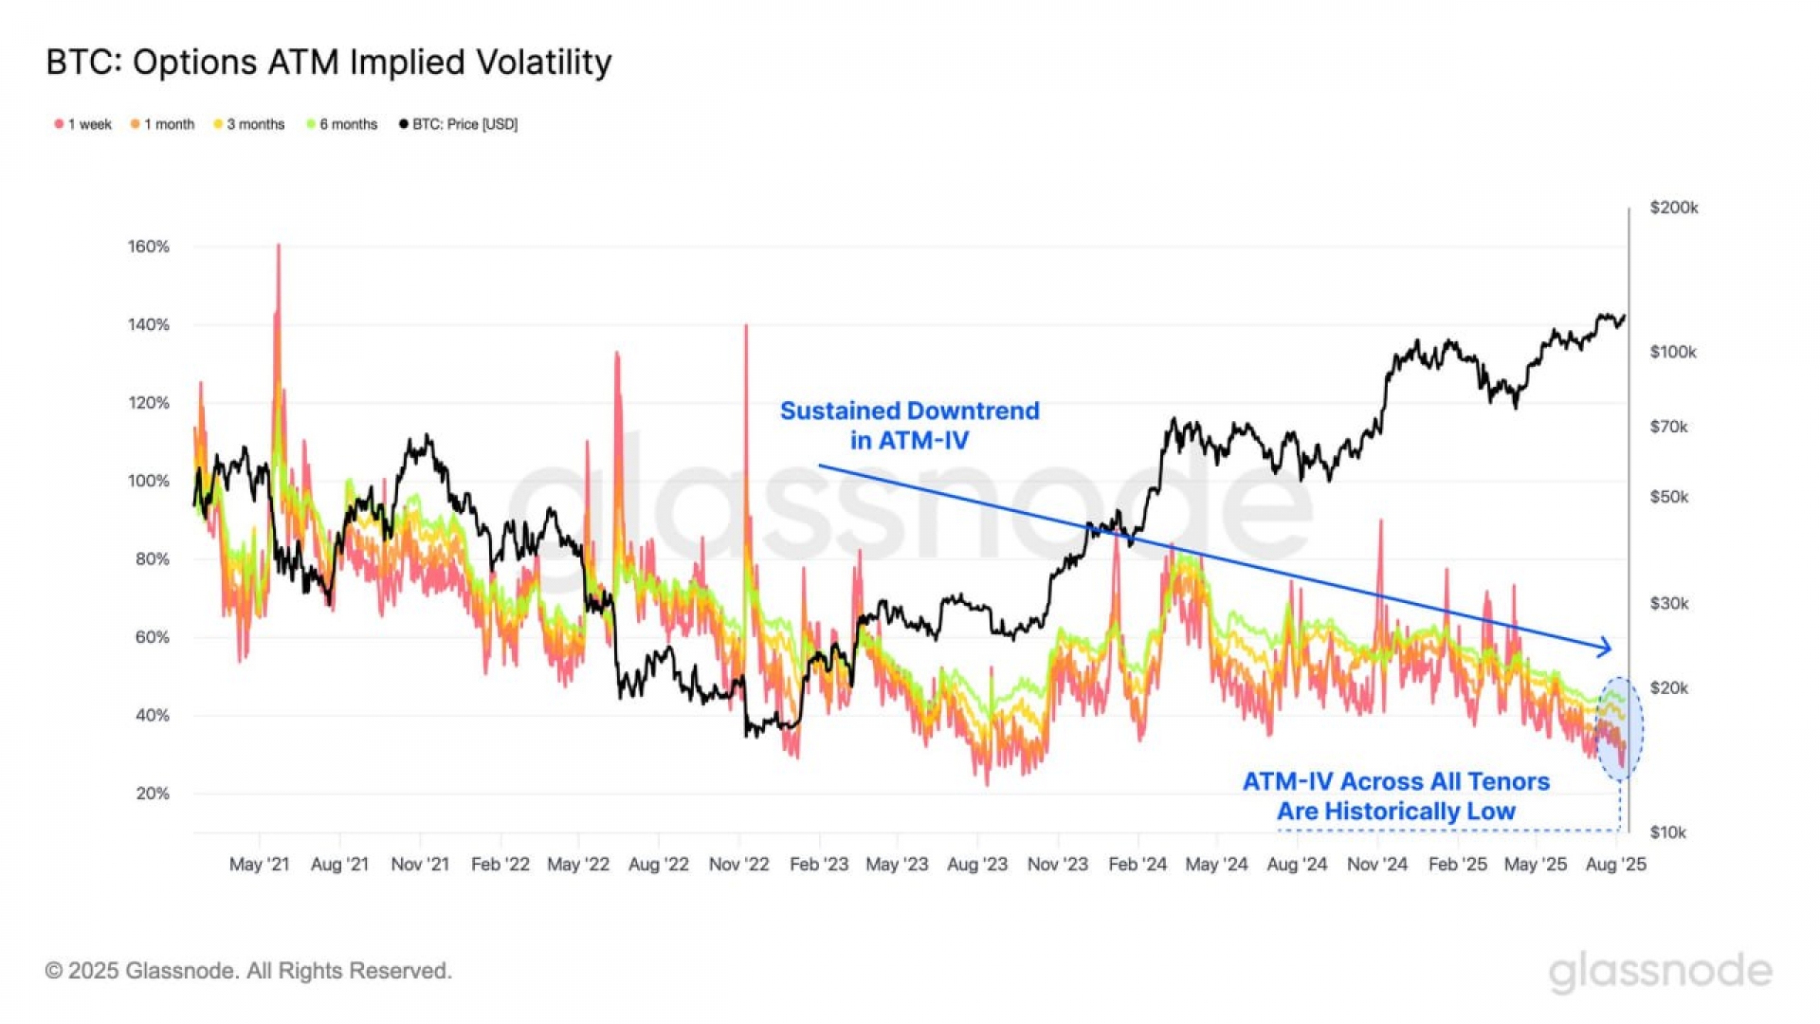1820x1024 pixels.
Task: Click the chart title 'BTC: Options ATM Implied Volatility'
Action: click(328, 63)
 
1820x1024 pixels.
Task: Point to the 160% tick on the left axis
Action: click(149, 247)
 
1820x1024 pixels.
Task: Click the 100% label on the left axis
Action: click(149, 481)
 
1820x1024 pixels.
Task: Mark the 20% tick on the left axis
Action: click(153, 794)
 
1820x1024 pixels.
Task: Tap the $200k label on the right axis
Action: click(1674, 208)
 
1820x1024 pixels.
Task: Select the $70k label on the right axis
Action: click(1669, 427)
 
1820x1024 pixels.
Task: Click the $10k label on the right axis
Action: click(1668, 832)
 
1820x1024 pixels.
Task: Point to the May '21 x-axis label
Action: click(259, 865)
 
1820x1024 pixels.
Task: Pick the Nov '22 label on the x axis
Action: click(739, 865)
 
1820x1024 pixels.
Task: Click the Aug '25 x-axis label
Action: click(1616, 865)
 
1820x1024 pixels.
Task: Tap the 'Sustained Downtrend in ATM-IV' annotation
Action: click(909, 425)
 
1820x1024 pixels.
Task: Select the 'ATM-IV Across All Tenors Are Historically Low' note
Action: click(1395, 796)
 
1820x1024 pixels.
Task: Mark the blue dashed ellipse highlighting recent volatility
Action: click(1619, 728)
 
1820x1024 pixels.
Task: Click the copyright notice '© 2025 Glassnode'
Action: click(248, 971)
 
